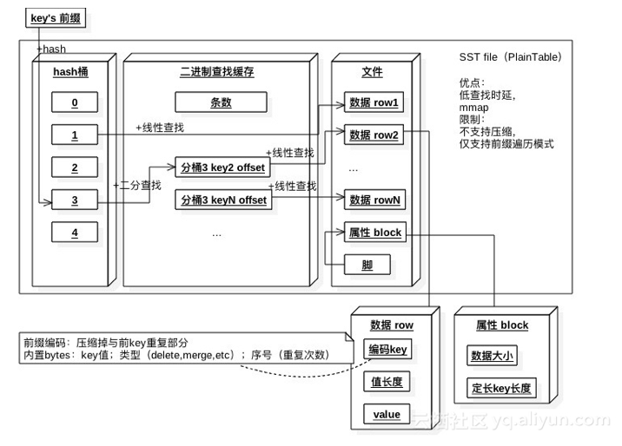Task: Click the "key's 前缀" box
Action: click(59, 17)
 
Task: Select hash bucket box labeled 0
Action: click(75, 103)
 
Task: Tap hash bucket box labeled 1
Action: click(75, 135)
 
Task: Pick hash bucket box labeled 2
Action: click(75, 167)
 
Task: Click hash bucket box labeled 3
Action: click(75, 200)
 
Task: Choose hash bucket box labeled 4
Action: click(75, 233)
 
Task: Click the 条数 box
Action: click(221, 103)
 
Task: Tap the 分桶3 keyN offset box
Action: click(222, 200)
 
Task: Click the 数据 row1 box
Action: click(374, 103)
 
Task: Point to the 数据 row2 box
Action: click(374, 135)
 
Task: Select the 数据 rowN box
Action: click(374, 200)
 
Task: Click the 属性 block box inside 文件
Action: click(374, 233)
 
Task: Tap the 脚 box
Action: click(367, 265)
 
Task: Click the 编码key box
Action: click(387, 351)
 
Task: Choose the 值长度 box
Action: click(387, 383)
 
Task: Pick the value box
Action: click(387, 415)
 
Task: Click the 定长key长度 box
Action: click(501, 387)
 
